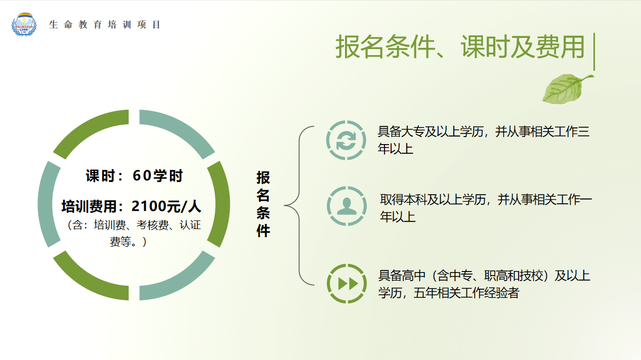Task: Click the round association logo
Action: [x=24, y=24]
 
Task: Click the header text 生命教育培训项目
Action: [x=104, y=25]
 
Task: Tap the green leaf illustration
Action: [x=568, y=88]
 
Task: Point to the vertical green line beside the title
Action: [x=594, y=52]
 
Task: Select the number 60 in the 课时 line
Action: [x=142, y=175]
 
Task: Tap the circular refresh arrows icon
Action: [x=346, y=140]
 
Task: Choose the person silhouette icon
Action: [x=347, y=206]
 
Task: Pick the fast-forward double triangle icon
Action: [x=347, y=284]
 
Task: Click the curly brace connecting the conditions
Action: [x=300, y=205]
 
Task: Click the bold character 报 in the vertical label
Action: [x=263, y=177]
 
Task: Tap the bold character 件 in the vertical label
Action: [x=263, y=231]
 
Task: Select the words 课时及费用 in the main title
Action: [x=523, y=47]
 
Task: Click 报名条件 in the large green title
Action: [x=385, y=47]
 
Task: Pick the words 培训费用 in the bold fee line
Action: [x=89, y=206]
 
